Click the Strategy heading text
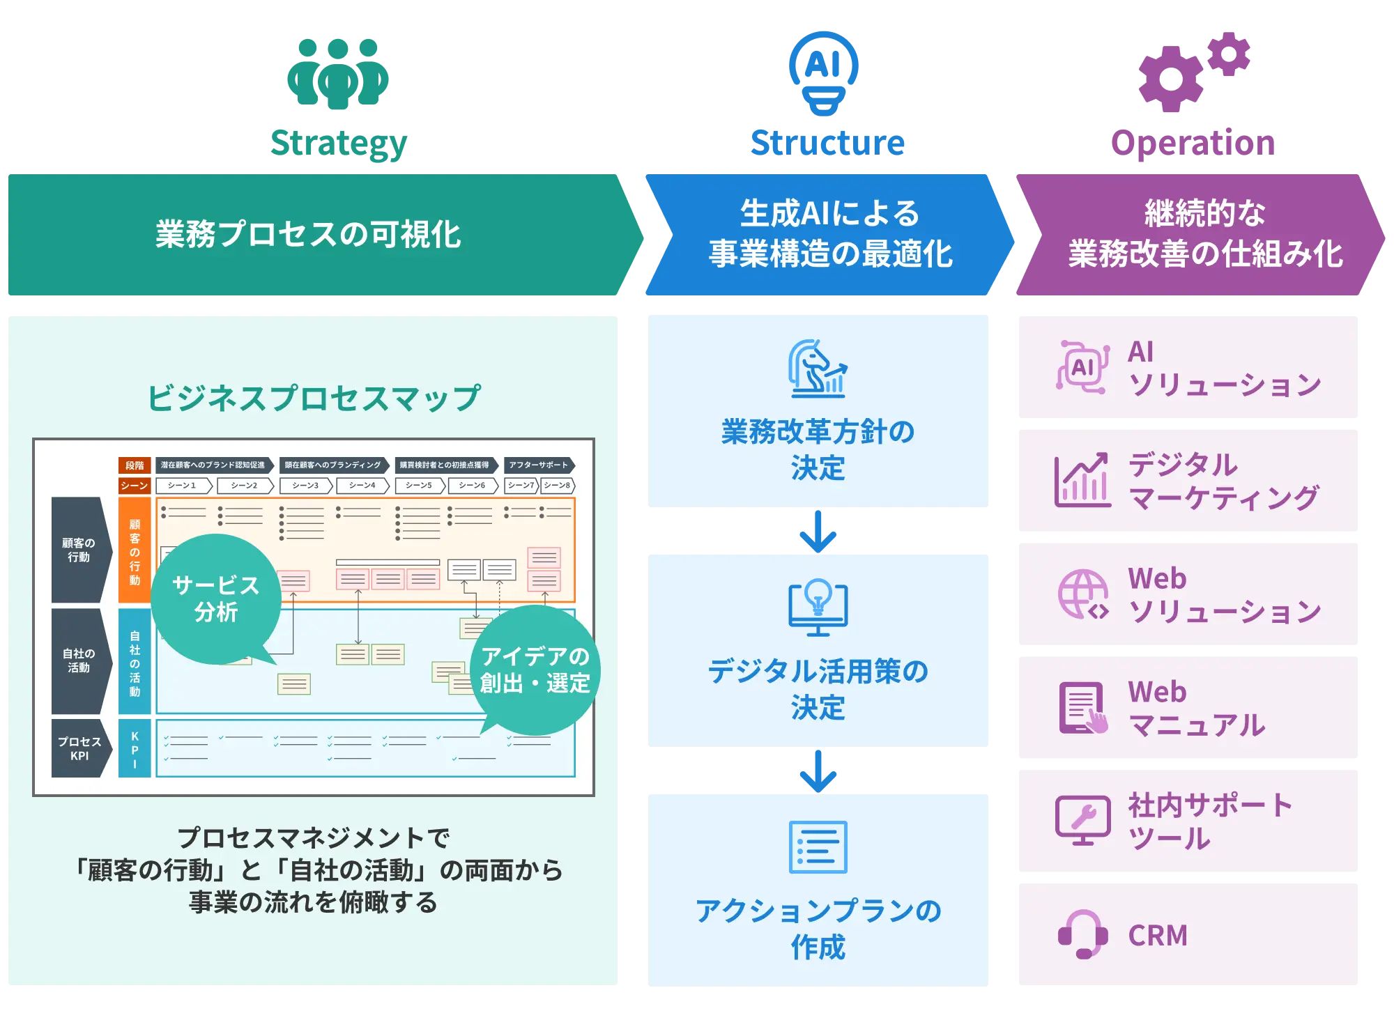point(339,144)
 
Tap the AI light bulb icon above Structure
point(823,72)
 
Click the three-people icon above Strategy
point(338,73)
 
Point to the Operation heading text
point(1193,144)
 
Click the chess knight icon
point(818,369)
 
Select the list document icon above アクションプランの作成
point(818,847)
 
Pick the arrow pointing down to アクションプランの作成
point(818,770)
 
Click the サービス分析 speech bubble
point(216,599)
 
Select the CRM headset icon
point(1082,934)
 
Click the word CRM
point(1158,936)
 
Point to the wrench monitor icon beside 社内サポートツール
point(1082,821)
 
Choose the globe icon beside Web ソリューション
point(1083,595)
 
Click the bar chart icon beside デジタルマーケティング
point(1082,481)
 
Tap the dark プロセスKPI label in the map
point(79,749)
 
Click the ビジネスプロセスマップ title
point(314,399)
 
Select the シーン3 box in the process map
point(305,486)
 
